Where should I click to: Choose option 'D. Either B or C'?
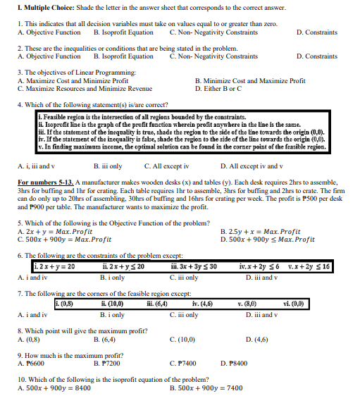tap(222, 89)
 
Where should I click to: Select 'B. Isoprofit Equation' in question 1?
tap(123, 32)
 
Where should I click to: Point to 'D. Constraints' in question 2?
tap(316, 56)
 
